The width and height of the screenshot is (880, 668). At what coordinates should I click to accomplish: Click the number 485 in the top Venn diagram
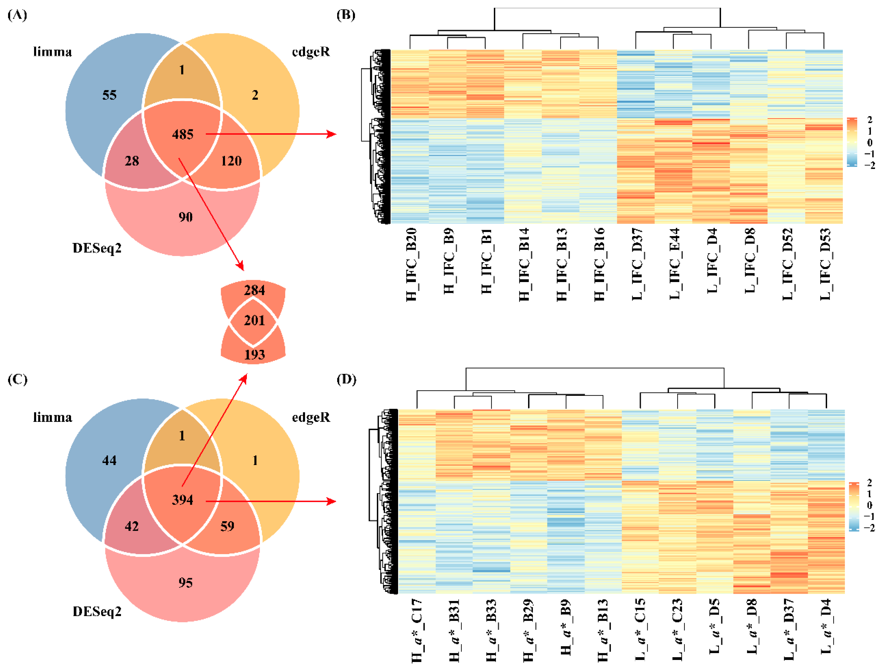(x=183, y=135)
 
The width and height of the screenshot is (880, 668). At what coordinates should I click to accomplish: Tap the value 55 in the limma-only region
(x=109, y=95)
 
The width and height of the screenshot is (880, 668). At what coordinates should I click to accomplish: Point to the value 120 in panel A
(x=231, y=161)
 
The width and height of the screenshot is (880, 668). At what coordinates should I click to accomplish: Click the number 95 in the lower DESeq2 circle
(x=185, y=583)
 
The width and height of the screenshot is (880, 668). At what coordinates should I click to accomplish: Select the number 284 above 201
(x=254, y=290)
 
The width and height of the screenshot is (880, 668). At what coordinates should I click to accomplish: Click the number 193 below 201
(x=254, y=355)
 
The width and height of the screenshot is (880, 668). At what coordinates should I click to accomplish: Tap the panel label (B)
(x=346, y=15)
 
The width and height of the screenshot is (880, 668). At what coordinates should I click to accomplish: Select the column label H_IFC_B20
(x=411, y=264)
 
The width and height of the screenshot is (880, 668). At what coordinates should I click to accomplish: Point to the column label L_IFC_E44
(x=674, y=263)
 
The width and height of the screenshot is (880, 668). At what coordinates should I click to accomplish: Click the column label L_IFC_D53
(x=825, y=264)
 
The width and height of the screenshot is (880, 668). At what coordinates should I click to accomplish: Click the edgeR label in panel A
(x=311, y=52)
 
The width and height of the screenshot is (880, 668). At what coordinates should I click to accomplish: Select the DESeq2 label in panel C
(x=97, y=612)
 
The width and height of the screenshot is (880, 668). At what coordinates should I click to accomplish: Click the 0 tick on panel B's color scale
(x=870, y=143)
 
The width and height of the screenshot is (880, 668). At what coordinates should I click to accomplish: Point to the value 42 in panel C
(x=132, y=526)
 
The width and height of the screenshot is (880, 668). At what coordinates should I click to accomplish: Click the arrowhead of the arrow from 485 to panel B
(x=332, y=135)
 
